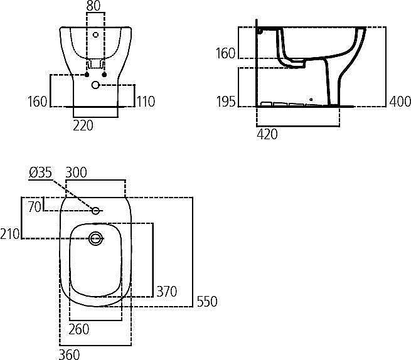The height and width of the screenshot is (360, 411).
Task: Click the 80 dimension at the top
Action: pos(93,6)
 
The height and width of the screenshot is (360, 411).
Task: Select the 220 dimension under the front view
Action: pos(83,125)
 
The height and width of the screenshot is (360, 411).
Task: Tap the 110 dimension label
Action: pos(146,102)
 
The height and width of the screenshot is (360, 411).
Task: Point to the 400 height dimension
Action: pos(400,102)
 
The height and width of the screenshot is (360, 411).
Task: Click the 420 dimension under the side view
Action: pos(267,134)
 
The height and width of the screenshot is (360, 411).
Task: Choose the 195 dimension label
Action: pos(226,102)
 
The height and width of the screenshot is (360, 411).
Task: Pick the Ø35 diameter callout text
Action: pos(40,173)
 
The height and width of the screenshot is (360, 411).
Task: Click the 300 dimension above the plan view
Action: pos(77,172)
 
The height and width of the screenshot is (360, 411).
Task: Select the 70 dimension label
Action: pos(35,207)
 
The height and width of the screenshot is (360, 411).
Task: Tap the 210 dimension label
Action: pos(10,234)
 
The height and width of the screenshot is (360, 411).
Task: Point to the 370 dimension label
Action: pos(167,292)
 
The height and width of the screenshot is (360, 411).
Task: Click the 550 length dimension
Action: pos(207,301)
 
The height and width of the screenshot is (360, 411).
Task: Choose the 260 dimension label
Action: pos(79,329)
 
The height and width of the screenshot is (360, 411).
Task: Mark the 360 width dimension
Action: pos(69,355)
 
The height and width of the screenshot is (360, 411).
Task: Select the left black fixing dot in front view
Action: pos(87,75)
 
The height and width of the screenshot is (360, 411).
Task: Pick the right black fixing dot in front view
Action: pos(104,75)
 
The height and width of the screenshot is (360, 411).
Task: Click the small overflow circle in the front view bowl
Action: pos(95,34)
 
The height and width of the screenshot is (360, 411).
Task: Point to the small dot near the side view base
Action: pos(311,100)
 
